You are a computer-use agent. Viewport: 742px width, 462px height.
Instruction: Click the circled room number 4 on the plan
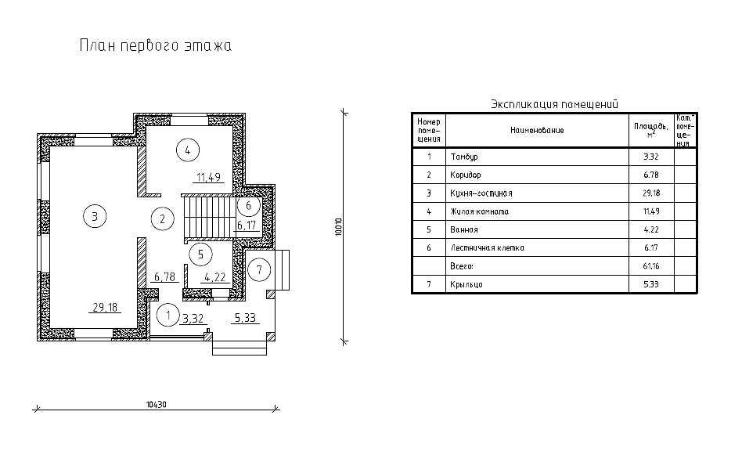(x=188, y=150)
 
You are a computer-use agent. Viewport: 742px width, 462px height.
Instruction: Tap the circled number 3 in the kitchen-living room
(x=95, y=216)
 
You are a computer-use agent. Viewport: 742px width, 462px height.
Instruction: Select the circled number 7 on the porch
(x=259, y=270)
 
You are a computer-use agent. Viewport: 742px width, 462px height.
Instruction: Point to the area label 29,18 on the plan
(x=105, y=307)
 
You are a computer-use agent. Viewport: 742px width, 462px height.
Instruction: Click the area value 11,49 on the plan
(x=209, y=178)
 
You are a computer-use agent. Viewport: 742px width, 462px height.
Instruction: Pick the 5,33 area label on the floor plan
(x=245, y=318)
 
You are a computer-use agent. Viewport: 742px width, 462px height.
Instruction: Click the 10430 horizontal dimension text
(x=157, y=405)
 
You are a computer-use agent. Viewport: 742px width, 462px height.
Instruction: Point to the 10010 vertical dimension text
(x=338, y=227)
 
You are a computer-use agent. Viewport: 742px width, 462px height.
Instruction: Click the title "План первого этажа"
(x=156, y=45)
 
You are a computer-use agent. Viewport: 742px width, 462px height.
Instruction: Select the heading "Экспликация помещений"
(x=555, y=103)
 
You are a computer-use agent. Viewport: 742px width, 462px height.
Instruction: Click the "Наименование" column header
(x=537, y=130)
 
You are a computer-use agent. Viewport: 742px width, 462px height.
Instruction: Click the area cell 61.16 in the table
(x=651, y=266)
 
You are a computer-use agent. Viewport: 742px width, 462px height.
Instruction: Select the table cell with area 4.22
(x=651, y=229)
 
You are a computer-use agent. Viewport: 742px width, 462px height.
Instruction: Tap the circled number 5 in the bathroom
(x=200, y=254)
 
